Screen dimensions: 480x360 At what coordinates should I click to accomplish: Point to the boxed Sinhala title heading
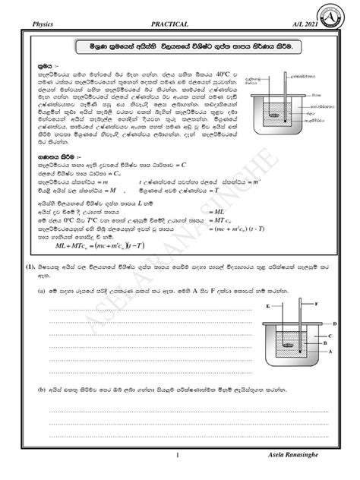pos(180,47)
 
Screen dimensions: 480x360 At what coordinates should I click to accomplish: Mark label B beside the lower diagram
pos(324,343)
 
